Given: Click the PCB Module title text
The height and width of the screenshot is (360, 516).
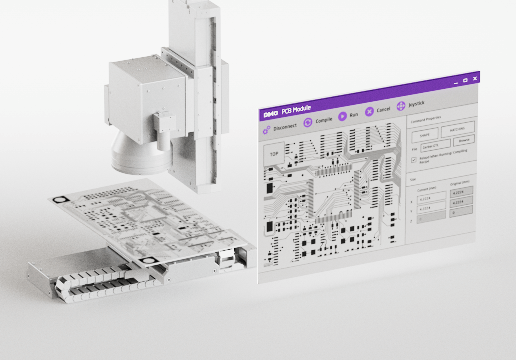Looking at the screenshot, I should pyautogui.click(x=299, y=111).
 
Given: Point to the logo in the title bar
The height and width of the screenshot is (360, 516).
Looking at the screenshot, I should pyautogui.click(x=269, y=114).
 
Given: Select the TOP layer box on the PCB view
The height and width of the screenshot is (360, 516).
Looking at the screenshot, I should pyautogui.click(x=273, y=154).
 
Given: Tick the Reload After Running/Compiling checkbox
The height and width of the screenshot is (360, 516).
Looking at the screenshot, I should pyautogui.click(x=414, y=160).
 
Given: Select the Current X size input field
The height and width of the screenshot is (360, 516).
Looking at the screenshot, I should pyautogui.click(x=427, y=198).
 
